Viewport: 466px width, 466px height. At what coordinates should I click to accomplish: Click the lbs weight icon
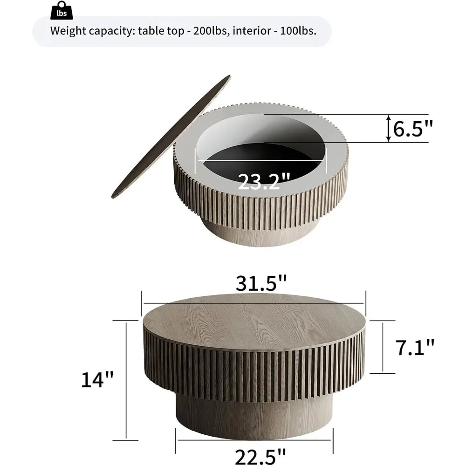pyautogui.click(x=62, y=10)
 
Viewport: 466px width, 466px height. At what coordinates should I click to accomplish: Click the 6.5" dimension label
pyautogui.click(x=413, y=129)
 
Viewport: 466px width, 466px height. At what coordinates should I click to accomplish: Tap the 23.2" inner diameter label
pyautogui.click(x=264, y=180)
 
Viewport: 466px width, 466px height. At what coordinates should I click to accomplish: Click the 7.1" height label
pyautogui.click(x=416, y=347)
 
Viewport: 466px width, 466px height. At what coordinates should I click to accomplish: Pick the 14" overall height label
pyautogui.click(x=96, y=379)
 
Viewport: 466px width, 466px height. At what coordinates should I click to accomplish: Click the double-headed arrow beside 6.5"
pyautogui.click(x=387, y=129)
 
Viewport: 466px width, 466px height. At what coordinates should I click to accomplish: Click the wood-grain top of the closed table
pyautogui.click(x=254, y=322)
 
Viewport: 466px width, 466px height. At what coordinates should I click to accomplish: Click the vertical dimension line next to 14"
pyautogui.click(x=126, y=379)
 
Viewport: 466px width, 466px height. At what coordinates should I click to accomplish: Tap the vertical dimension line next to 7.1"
pyautogui.click(x=383, y=347)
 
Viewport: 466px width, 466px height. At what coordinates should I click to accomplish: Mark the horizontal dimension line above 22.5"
pyautogui.click(x=254, y=440)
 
